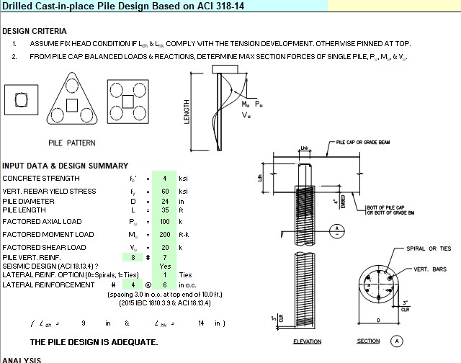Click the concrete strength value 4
(x=165, y=178)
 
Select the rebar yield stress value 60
(x=165, y=192)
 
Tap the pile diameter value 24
(x=165, y=201)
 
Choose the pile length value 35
(x=165, y=210)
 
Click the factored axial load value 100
(x=165, y=222)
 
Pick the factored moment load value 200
(x=165, y=235)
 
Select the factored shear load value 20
(x=165, y=248)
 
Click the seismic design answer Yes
(x=165, y=266)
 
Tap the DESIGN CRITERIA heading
(x=35, y=31)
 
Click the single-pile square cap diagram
(x=22, y=102)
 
